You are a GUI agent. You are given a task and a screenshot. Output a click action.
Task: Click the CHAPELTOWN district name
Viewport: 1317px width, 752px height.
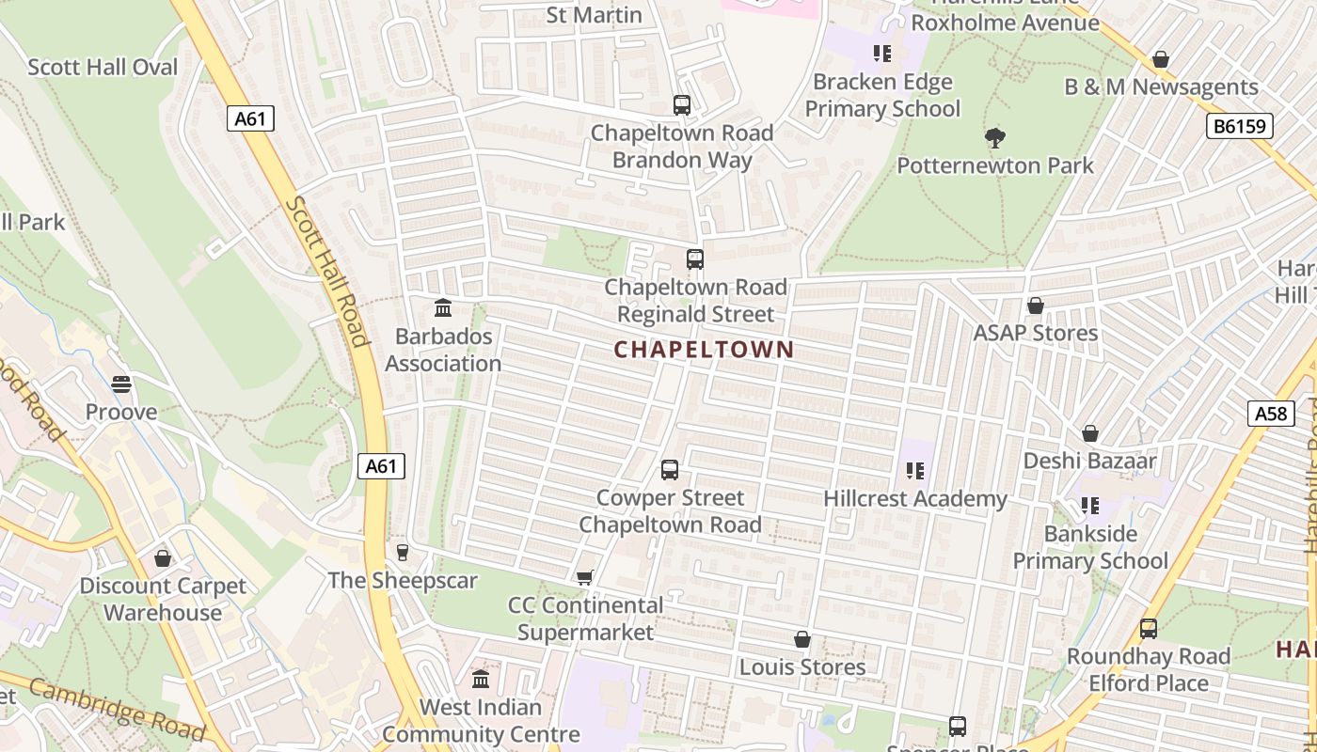704,350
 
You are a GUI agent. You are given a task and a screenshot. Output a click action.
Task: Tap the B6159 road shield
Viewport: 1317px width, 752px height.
1240,126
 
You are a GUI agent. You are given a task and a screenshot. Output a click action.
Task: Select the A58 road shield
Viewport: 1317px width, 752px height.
1271,413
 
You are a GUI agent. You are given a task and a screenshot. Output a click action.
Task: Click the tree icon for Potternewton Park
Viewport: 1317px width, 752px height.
995,139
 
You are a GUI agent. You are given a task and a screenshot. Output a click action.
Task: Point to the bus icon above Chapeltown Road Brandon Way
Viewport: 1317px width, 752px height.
682,105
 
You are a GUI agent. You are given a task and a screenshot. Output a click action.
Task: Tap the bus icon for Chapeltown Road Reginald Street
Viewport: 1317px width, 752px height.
695,259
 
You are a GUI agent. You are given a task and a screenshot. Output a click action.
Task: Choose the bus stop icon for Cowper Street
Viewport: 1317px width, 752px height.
670,470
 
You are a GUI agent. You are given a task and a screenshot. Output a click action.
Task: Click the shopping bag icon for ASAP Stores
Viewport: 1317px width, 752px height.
1036,305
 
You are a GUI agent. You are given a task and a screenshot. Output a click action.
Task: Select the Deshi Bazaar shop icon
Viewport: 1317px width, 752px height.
1090,433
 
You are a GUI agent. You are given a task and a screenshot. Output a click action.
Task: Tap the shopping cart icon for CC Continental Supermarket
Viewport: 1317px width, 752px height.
585,577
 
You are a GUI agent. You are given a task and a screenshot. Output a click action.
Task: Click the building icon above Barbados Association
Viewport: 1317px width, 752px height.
442,308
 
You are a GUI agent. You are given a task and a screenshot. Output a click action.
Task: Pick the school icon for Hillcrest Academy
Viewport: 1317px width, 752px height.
915,471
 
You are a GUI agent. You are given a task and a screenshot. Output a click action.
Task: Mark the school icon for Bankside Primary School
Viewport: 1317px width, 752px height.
1090,506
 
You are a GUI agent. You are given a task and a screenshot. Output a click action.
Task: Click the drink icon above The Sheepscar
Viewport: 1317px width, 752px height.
403,553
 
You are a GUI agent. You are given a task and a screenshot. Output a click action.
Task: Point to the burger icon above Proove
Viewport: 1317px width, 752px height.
121,384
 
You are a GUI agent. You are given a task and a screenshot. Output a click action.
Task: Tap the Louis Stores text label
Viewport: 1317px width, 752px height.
802,667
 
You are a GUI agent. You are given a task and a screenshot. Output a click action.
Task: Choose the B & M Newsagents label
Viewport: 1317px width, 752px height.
1161,87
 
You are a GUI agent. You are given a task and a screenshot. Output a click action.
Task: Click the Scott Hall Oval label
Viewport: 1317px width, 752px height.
103,68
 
